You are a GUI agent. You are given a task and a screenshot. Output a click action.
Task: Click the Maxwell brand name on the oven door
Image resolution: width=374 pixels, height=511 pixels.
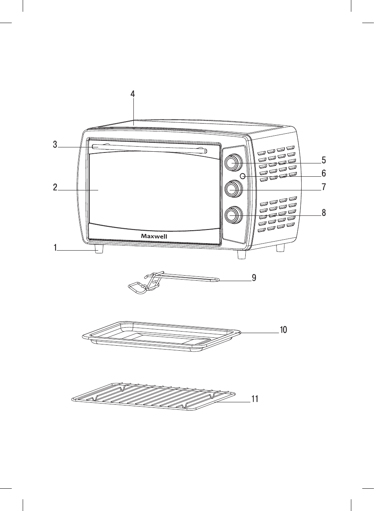(x=154, y=236)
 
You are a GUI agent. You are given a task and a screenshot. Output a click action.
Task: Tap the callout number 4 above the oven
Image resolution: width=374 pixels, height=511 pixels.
(x=133, y=94)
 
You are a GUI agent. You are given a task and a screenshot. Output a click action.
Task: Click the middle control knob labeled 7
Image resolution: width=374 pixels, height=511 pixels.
(x=233, y=189)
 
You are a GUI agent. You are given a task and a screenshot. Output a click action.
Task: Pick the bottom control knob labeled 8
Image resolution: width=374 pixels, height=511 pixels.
(x=233, y=215)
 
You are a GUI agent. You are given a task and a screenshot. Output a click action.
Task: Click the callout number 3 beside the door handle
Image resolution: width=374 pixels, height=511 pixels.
(x=55, y=144)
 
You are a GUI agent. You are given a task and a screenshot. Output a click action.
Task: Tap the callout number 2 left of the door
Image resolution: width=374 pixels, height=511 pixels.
(x=55, y=187)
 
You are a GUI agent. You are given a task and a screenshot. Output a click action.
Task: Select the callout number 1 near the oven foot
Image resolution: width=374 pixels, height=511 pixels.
(x=56, y=247)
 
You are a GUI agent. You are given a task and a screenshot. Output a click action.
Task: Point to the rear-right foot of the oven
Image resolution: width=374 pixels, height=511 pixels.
(x=280, y=247)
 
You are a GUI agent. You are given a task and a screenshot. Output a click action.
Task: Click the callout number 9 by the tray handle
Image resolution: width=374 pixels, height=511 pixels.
(x=254, y=278)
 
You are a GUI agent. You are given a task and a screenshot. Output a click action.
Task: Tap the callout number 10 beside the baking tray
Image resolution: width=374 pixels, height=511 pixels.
(x=283, y=330)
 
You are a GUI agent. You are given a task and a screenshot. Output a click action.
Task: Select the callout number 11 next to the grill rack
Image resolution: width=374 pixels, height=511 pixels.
(x=255, y=399)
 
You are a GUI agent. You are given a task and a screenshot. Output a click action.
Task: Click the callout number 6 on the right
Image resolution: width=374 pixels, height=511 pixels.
(x=324, y=173)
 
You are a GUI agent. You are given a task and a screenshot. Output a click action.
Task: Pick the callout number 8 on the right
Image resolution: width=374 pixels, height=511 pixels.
(x=324, y=213)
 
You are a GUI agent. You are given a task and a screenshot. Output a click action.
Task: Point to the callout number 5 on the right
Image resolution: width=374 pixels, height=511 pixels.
(x=324, y=160)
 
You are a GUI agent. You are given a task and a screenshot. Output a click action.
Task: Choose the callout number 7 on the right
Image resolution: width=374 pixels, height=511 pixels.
(x=324, y=187)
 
